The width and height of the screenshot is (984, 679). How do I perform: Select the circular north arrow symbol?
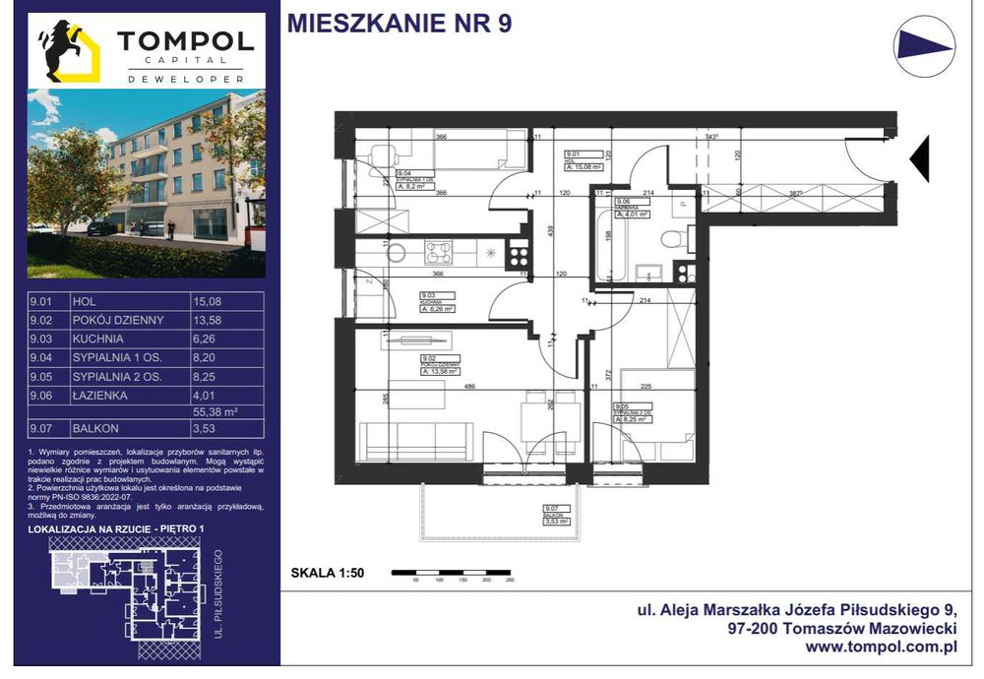pyautogui.click(x=924, y=46)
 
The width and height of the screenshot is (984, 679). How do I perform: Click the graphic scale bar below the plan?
pyautogui.click(x=452, y=572)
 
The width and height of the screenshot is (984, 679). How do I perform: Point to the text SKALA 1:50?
pyautogui.click(x=328, y=572)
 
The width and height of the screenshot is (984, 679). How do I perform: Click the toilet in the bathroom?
pyautogui.click(x=674, y=237)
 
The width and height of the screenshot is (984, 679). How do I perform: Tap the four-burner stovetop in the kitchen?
pyautogui.click(x=437, y=253)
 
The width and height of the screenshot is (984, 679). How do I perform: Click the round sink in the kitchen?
pyautogui.click(x=396, y=253)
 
